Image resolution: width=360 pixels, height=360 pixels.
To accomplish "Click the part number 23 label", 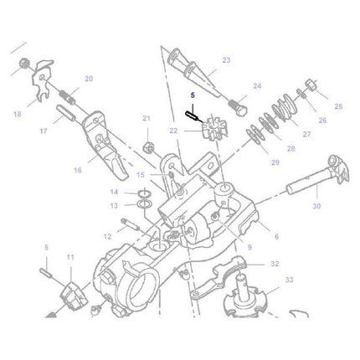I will click(225, 60).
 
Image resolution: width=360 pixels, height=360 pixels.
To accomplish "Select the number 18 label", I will click(16, 113).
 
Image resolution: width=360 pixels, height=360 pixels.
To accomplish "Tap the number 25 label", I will click(337, 106).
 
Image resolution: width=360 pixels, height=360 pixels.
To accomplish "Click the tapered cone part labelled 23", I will click(187, 66).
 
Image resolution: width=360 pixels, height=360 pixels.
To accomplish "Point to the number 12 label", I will click(108, 237).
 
